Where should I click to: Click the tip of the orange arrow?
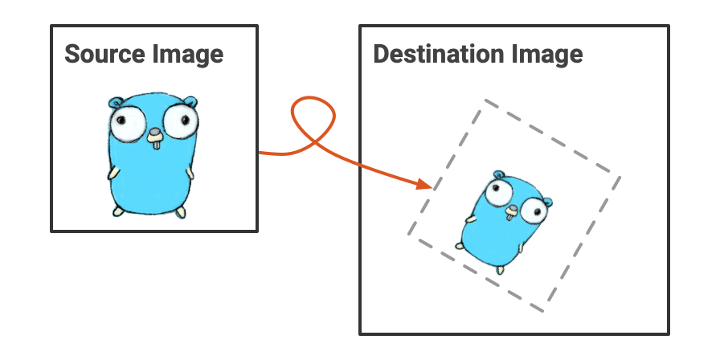tap(432, 187)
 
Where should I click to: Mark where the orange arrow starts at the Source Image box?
tap(259, 153)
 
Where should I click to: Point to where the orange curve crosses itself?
tap(314, 142)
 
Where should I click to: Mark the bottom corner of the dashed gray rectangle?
tap(544, 312)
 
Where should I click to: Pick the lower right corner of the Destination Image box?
tap(668, 333)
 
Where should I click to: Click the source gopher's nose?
tap(155, 133)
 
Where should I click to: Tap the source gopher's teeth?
tap(157, 144)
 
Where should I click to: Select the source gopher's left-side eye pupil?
tap(121, 121)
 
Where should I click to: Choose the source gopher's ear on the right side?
tap(190, 101)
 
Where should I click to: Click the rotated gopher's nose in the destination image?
tap(512, 210)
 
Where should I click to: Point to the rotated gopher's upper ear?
tap(498, 174)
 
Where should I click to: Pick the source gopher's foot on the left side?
tap(118, 211)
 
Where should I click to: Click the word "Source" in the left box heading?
tap(104, 54)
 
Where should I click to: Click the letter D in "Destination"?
tap(381, 54)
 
